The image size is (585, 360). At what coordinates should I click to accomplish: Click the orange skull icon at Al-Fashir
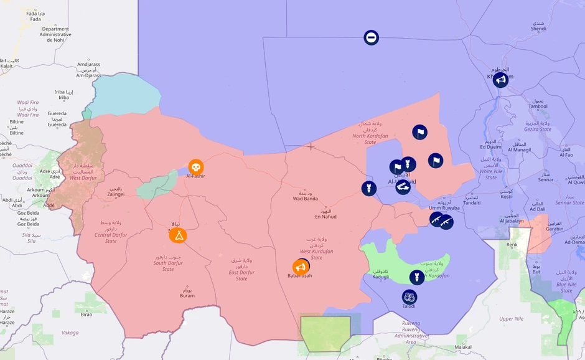click(195, 167)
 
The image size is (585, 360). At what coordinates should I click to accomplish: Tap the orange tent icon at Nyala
click(179, 235)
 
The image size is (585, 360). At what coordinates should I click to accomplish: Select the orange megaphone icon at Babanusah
click(300, 268)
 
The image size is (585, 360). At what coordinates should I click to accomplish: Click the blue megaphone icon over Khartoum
click(500, 80)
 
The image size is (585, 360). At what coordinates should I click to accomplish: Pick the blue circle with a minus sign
click(371, 38)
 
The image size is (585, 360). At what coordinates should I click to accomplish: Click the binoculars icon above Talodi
click(409, 297)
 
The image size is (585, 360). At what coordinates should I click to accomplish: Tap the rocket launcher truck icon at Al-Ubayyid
click(403, 186)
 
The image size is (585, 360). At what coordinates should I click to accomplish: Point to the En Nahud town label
click(325, 216)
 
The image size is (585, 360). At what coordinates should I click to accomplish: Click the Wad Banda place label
click(306, 199)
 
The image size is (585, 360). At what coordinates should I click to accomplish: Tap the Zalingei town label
click(116, 194)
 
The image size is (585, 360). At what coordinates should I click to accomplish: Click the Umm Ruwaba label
click(444, 207)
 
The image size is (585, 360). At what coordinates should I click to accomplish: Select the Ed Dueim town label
click(490, 146)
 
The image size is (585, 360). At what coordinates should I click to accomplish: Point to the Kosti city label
click(506, 196)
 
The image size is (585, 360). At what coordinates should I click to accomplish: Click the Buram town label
click(187, 295)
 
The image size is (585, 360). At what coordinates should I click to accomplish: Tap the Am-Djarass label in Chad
click(88, 75)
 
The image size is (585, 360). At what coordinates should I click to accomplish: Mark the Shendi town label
click(538, 29)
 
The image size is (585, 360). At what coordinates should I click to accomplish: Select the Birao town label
click(86, 315)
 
